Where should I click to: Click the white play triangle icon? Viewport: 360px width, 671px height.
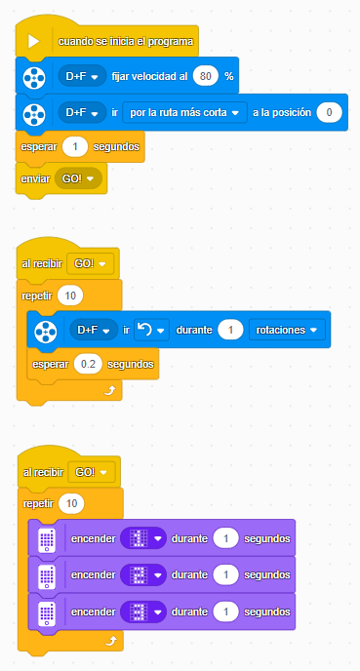click(33, 42)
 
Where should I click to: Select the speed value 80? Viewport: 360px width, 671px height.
click(206, 77)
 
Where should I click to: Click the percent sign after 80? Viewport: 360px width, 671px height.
click(229, 77)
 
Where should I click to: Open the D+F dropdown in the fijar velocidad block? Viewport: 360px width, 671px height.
click(82, 77)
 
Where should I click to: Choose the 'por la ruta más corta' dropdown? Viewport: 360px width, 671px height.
click(184, 112)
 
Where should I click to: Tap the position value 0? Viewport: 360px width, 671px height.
click(329, 112)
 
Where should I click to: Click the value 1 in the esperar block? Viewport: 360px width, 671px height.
click(75, 146)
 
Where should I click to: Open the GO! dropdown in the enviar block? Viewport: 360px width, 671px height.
click(78, 178)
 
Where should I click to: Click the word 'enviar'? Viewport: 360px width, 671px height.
click(35, 178)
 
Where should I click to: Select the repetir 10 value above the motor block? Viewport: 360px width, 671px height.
click(70, 296)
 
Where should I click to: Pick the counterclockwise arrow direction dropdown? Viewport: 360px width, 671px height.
click(151, 330)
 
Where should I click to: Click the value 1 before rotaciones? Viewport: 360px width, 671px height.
click(230, 330)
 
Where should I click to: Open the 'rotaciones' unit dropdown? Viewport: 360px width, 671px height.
click(287, 330)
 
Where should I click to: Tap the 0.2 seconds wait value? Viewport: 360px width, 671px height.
click(88, 364)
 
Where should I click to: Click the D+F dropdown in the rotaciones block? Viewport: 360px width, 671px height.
click(94, 330)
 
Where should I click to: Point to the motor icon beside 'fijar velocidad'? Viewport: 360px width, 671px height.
click(34, 78)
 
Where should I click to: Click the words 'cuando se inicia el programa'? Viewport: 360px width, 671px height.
click(126, 42)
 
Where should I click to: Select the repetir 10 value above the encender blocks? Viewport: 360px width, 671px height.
click(71, 503)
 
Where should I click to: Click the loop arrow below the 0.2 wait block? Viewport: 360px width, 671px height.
click(109, 391)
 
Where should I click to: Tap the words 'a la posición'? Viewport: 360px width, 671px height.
click(282, 113)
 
